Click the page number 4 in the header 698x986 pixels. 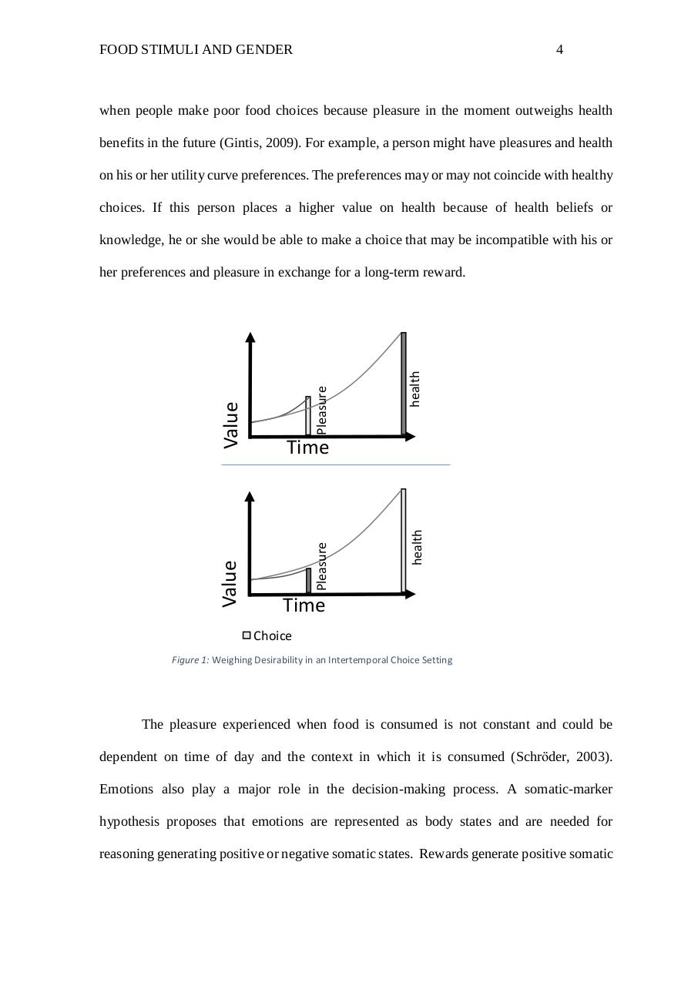[559, 50]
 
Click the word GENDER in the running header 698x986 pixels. [266, 50]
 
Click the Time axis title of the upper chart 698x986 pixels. [307, 448]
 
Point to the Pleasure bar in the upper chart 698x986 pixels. [308, 417]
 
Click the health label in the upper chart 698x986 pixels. [415, 389]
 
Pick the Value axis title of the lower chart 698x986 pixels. [230, 583]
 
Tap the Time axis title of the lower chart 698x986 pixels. [304, 605]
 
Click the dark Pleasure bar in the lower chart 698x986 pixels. [308, 581]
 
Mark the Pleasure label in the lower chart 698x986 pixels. [322, 566]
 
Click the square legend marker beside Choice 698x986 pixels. [247, 636]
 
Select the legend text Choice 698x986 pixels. [272, 636]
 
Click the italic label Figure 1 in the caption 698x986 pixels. [190, 660]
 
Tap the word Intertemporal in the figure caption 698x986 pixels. [357, 660]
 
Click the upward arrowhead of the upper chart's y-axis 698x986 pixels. [250, 337]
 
